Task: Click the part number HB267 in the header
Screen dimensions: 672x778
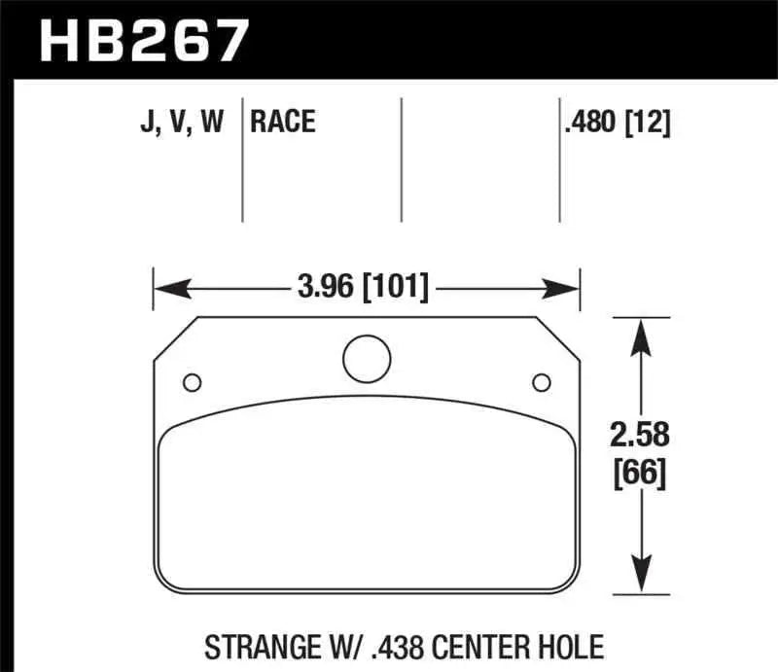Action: [x=143, y=41]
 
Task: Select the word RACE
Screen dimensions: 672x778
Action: [x=283, y=122]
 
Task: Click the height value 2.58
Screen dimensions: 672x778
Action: [x=639, y=435]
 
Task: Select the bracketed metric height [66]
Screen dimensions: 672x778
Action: [x=639, y=475]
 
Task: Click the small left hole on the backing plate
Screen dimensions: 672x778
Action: [x=192, y=380]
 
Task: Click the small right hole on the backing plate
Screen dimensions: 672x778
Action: [x=541, y=380]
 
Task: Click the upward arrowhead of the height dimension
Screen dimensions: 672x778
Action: [x=639, y=335]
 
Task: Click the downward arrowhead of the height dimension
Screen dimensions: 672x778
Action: [x=639, y=574]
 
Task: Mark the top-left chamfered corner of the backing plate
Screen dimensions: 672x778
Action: [x=176, y=336]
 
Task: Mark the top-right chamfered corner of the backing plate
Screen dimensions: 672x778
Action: [x=559, y=336]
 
